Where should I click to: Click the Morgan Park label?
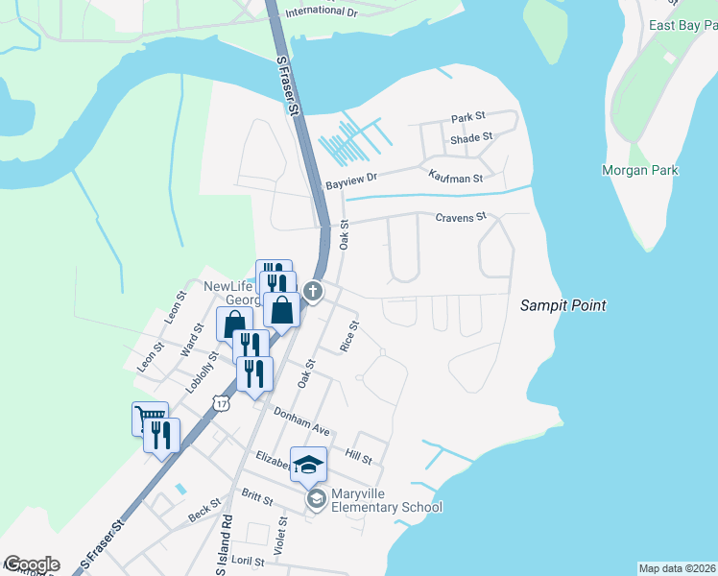(639, 170)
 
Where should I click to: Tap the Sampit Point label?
(563, 305)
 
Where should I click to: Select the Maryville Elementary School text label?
(386, 500)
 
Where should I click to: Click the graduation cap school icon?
(309, 465)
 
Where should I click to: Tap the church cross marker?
(313, 290)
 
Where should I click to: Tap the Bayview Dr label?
(352, 179)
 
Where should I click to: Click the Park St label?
(468, 118)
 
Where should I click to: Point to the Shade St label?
(470, 137)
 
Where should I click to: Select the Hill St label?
(358, 459)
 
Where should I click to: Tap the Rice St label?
(350, 336)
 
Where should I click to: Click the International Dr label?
(320, 11)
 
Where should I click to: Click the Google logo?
(32, 564)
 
